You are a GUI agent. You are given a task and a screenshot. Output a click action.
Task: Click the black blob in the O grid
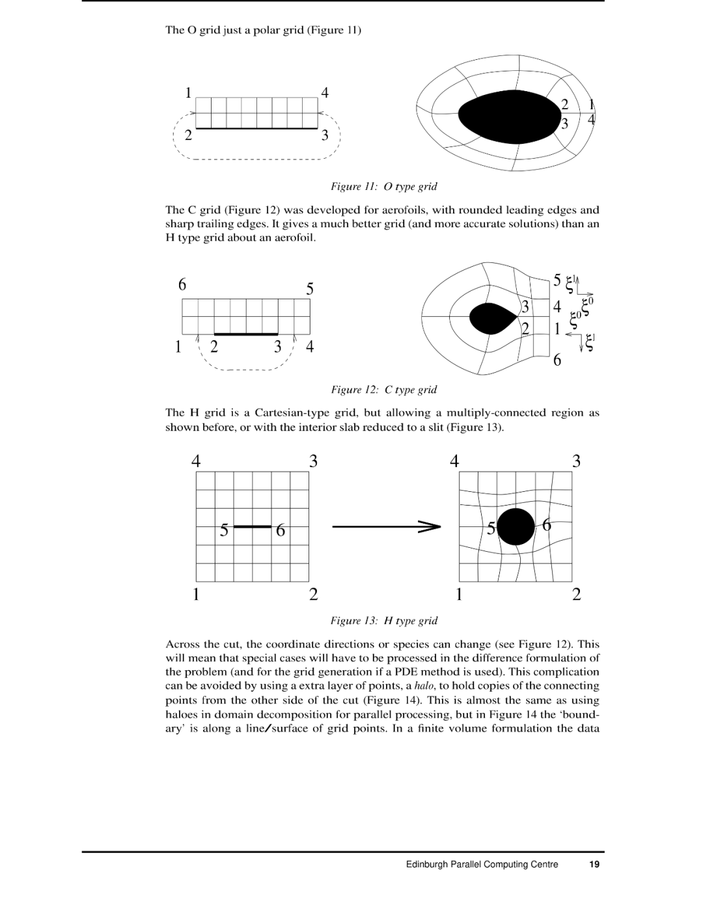pos(508,117)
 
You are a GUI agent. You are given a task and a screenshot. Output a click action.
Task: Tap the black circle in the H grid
pos(516,526)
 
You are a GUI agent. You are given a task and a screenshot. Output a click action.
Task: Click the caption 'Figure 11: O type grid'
pos(383,187)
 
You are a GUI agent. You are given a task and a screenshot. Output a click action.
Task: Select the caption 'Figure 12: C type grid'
pos(383,390)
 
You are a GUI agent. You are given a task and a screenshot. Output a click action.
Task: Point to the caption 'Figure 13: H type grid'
pos(383,621)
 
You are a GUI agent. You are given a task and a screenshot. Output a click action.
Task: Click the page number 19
pos(594,865)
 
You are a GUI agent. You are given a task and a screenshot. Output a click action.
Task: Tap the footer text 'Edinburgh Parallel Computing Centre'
pos(482,865)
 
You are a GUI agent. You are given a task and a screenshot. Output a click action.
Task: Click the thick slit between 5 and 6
pos(252,526)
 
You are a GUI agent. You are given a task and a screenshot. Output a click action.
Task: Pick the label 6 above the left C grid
pos(182,285)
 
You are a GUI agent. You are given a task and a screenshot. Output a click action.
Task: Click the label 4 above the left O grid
pos(325,92)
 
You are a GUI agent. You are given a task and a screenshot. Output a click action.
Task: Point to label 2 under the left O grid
pos(189,135)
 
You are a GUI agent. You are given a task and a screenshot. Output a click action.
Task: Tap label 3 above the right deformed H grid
pos(576,461)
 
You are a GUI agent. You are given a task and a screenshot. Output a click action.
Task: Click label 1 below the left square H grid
pos(195,594)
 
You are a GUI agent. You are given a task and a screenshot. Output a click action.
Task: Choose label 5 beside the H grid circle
pos(491,529)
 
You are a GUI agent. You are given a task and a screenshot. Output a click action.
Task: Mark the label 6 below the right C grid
pos(557,360)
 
